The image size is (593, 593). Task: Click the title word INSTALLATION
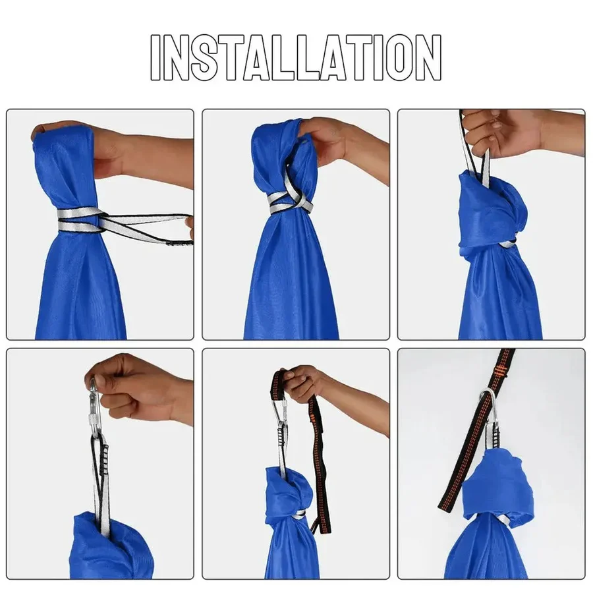296,58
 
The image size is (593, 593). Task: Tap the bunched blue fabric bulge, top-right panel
491,211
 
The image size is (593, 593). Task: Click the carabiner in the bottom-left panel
95,402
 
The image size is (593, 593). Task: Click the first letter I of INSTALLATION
157,58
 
